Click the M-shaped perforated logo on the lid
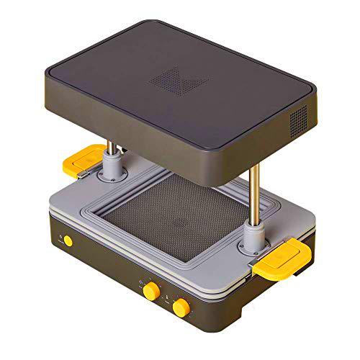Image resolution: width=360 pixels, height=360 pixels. tap(173, 78)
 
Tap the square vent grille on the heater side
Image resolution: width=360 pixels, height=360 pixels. tap(297, 115)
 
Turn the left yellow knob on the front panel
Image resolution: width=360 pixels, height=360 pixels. tap(150, 289)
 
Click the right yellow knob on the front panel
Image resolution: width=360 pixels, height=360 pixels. tap(181, 307)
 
